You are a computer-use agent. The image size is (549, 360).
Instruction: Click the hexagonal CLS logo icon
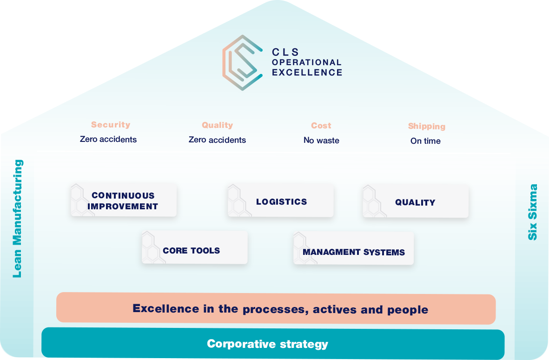[x=241, y=62]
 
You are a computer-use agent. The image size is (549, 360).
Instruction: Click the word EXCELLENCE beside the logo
[x=307, y=73]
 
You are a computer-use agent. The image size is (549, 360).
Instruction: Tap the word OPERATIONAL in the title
[x=307, y=62]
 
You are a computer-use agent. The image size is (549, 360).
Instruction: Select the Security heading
[x=111, y=125]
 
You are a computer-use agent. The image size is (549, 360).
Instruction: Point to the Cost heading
[x=321, y=126]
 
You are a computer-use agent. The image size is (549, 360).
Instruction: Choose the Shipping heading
[x=426, y=126]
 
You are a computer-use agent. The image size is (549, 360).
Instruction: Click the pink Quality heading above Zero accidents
[x=217, y=125]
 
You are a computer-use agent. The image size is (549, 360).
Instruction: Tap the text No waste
[x=321, y=140]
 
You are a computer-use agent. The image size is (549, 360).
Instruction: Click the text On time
[x=425, y=141]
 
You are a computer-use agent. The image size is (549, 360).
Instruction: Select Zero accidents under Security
[x=108, y=139]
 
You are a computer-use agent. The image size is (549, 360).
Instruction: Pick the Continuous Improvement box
[x=124, y=200]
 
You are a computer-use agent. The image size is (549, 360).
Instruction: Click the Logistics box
[x=281, y=200]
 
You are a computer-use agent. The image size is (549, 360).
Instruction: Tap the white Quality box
[x=416, y=201]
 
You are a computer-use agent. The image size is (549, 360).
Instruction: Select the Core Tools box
[x=195, y=247]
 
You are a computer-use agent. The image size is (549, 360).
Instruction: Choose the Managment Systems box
[x=353, y=248]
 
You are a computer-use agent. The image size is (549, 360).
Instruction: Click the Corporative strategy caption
[x=267, y=344]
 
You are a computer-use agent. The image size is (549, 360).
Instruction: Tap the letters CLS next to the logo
[x=285, y=52]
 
